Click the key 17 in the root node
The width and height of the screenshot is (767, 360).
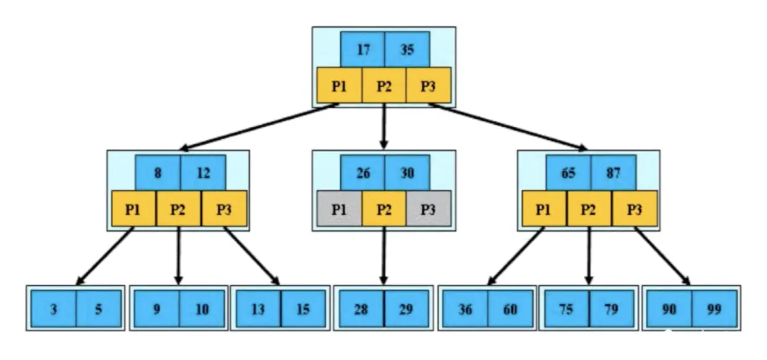click(x=362, y=49)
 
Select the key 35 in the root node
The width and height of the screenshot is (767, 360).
click(x=406, y=49)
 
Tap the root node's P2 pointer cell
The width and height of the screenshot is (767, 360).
click(x=384, y=85)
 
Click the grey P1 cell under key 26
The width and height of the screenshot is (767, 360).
click(x=339, y=208)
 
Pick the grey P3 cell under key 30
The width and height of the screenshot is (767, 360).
click(x=428, y=208)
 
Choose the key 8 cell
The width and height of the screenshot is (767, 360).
click(x=158, y=173)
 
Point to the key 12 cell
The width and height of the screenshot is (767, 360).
click(x=203, y=173)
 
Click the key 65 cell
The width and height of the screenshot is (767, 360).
click(x=568, y=173)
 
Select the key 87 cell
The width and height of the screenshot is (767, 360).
click(x=613, y=173)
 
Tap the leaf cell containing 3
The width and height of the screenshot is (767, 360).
click(x=54, y=309)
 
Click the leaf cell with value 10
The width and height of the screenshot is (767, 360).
click(x=202, y=309)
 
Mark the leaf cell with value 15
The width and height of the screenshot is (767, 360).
click(x=303, y=309)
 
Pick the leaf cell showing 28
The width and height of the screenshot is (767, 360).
click(x=361, y=309)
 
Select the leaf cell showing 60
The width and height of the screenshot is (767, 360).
click(x=510, y=309)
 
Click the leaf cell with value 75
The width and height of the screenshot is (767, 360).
click(x=567, y=309)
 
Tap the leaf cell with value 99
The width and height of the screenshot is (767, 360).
click(x=714, y=309)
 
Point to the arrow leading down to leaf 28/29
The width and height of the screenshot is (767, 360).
click(x=383, y=257)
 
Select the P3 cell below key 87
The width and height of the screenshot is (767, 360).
click(x=634, y=208)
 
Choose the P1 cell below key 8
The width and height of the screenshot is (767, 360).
click(x=134, y=208)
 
